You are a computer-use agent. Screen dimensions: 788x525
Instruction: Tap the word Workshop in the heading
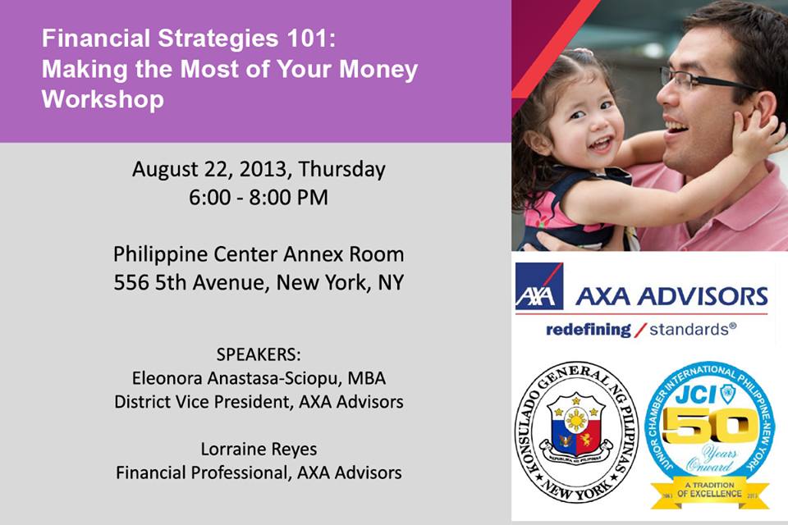(x=103, y=99)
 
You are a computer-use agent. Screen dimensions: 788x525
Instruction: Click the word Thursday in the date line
(x=341, y=170)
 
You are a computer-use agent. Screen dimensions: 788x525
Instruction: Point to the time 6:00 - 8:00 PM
(x=259, y=197)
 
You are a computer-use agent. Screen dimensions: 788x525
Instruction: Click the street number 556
(x=131, y=282)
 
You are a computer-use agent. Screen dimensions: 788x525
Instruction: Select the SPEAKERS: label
(x=259, y=354)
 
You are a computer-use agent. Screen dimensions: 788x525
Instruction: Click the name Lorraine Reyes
(x=259, y=449)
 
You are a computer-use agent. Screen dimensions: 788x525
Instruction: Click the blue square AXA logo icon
(x=538, y=285)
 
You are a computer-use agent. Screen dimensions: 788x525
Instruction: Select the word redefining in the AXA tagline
(x=588, y=330)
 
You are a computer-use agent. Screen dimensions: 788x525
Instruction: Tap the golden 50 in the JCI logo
(x=709, y=426)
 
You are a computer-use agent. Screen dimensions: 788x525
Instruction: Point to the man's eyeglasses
(x=708, y=80)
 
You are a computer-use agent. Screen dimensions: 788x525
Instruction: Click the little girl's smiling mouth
(x=601, y=144)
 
